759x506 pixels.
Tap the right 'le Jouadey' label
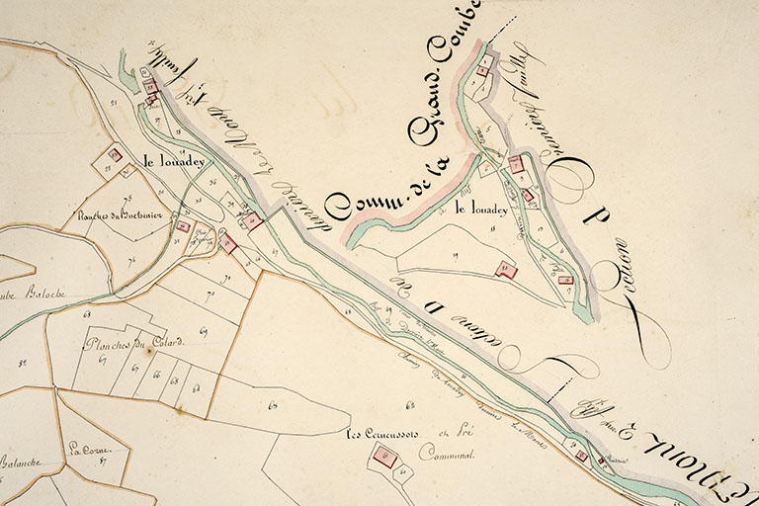pos(481,210)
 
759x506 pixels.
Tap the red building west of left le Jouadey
pos(115,155)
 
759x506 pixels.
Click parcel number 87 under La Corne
pos(102,461)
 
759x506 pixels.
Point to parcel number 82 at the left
pos(22,364)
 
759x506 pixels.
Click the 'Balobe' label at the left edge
pos(42,294)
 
